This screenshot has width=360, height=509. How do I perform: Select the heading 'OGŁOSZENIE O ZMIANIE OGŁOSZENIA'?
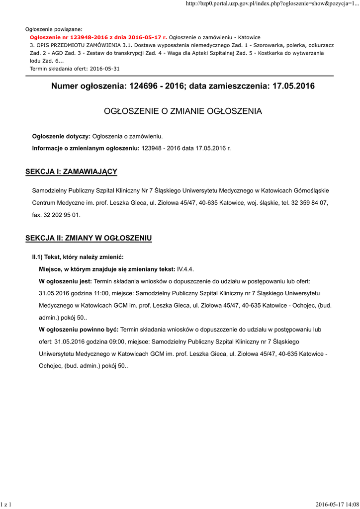(x=182, y=111)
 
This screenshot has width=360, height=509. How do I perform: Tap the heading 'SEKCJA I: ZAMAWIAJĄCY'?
(x=71, y=171)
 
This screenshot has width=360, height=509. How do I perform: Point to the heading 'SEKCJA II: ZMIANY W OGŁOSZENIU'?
(x=89, y=238)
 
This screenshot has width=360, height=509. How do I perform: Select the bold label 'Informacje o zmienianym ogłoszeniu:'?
(x=86, y=148)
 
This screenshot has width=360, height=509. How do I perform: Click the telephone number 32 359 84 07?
(x=307, y=203)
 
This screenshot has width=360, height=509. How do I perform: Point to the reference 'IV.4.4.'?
(x=185, y=268)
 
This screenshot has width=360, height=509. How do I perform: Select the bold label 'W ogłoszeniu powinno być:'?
(x=79, y=330)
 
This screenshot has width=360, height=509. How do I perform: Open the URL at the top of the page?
(x=272, y=4)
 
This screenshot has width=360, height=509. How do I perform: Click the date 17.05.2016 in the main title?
(x=293, y=86)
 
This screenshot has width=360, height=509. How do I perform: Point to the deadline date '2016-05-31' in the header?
(x=103, y=68)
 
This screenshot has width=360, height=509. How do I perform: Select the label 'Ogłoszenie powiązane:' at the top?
(x=54, y=29)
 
